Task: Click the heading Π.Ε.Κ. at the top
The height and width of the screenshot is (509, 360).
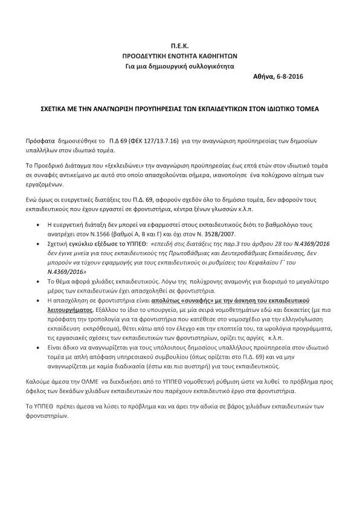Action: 179,45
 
